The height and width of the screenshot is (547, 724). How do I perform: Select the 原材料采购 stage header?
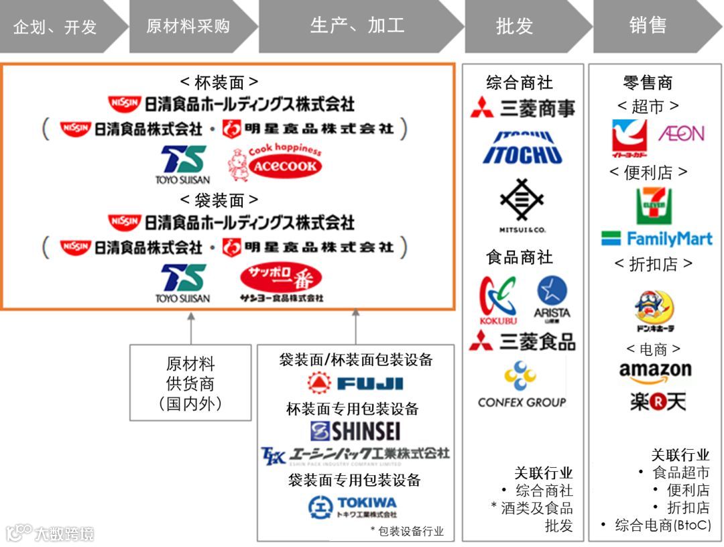point(188,27)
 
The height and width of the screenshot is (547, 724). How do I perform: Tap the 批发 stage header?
point(515,27)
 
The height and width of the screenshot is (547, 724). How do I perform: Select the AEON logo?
point(681,133)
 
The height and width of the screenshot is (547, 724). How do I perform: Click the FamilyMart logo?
point(657,239)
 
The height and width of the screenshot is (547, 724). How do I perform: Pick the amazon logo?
point(655,371)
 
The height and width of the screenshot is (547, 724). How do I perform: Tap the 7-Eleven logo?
point(654,206)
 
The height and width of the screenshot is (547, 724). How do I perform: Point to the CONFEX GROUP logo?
point(522,385)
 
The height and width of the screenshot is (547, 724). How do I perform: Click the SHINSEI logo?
point(355,430)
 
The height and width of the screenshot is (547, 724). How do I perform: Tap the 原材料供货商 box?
point(190,383)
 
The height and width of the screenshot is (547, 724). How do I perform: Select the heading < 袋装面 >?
point(219,200)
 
